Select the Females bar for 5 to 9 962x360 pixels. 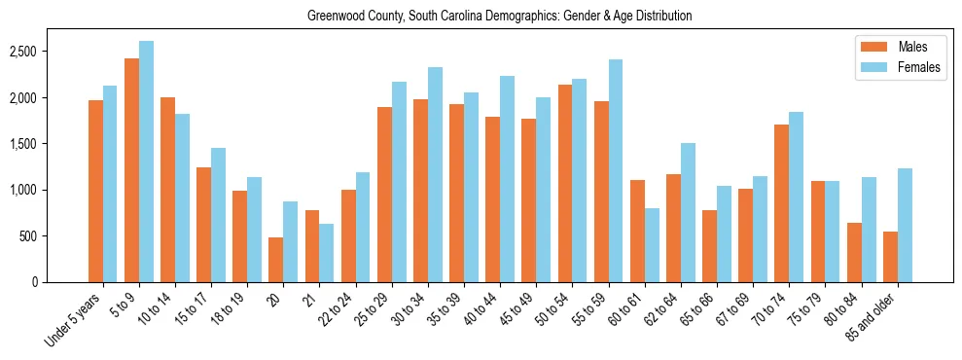tap(146, 162)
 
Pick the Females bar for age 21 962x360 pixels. tap(327, 253)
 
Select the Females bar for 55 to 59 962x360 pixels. tap(616, 171)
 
